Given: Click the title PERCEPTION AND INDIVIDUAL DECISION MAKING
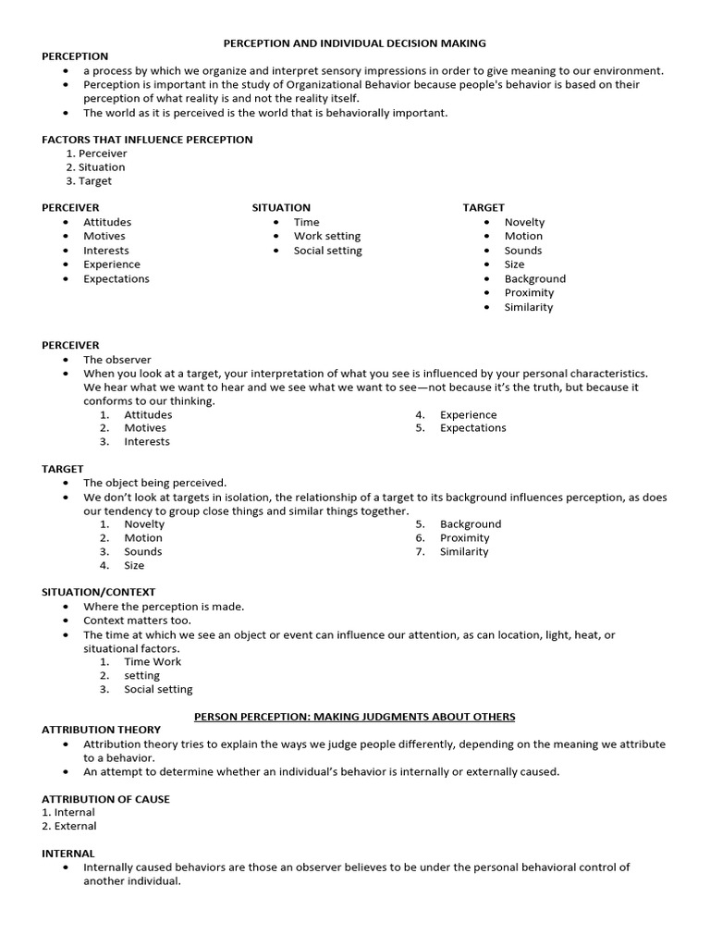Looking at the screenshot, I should point(354,43).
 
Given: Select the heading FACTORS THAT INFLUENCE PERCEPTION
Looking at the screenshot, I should point(147,140).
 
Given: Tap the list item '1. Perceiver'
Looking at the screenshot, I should point(96,154).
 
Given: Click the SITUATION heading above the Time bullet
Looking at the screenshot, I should point(281,208).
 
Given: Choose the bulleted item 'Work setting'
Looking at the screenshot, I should point(327,236).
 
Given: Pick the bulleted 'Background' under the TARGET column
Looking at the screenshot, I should point(534,278).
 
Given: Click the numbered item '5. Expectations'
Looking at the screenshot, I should point(472,428).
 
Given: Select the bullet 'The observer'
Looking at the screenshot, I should point(116,360).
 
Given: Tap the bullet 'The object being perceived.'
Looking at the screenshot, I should point(154,483).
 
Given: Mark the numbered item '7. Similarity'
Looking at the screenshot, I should point(463,552).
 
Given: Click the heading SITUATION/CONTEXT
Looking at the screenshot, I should point(99,592).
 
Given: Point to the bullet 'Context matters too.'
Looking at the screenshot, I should point(141,621).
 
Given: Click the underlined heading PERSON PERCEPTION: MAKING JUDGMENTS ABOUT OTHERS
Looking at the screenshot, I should point(354,717).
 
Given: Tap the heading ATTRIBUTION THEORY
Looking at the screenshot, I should point(101,730).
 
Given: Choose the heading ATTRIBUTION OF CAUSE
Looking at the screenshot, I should point(105,799).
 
